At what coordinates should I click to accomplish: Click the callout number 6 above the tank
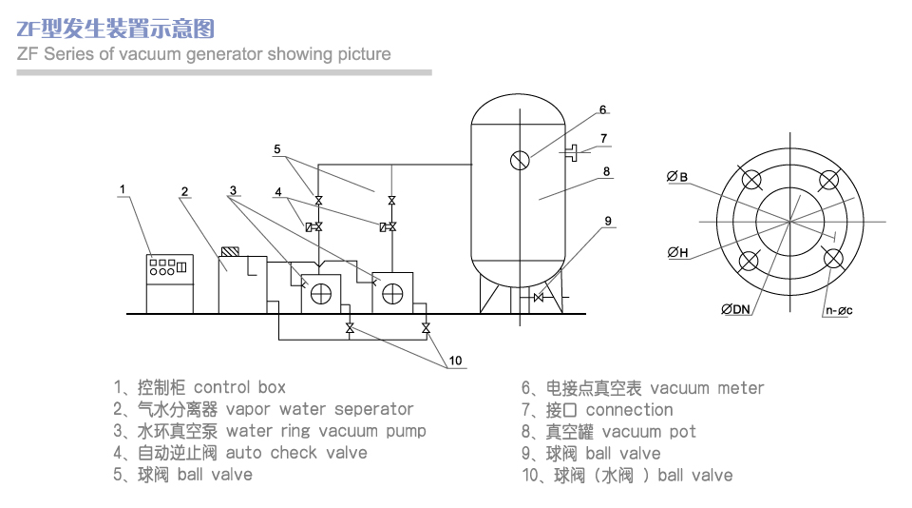(602, 110)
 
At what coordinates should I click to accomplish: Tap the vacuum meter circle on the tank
(519, 160)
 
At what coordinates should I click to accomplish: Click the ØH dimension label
(677, 253)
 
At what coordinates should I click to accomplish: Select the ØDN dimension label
(735, 309)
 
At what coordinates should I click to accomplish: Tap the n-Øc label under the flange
(838, 309)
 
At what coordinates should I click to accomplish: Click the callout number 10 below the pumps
(455, 361)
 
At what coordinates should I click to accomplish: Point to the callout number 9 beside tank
(607, 221)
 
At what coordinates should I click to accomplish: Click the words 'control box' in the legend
(239, 387)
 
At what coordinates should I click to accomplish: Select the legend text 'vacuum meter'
(707, 388)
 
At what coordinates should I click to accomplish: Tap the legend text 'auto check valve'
(296, 453)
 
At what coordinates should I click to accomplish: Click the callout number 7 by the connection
(603, 139)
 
